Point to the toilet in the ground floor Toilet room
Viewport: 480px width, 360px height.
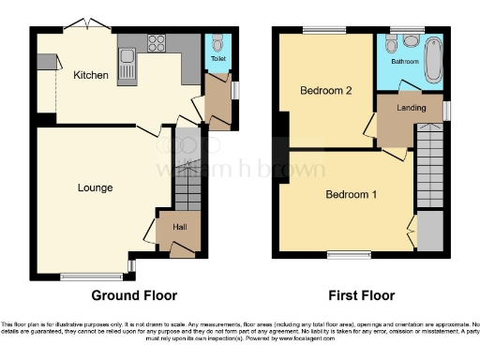(x=217, y=43)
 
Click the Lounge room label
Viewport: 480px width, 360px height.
(x=95, y=187)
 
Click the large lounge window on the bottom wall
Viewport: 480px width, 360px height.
(x=92, y=276)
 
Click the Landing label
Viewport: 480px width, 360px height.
(x=412, y=108)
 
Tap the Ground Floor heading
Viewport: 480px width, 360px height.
(x=134, y=295)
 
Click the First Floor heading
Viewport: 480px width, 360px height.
(x=359, y=295)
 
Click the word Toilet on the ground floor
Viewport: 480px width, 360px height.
(x=218, y=58)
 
